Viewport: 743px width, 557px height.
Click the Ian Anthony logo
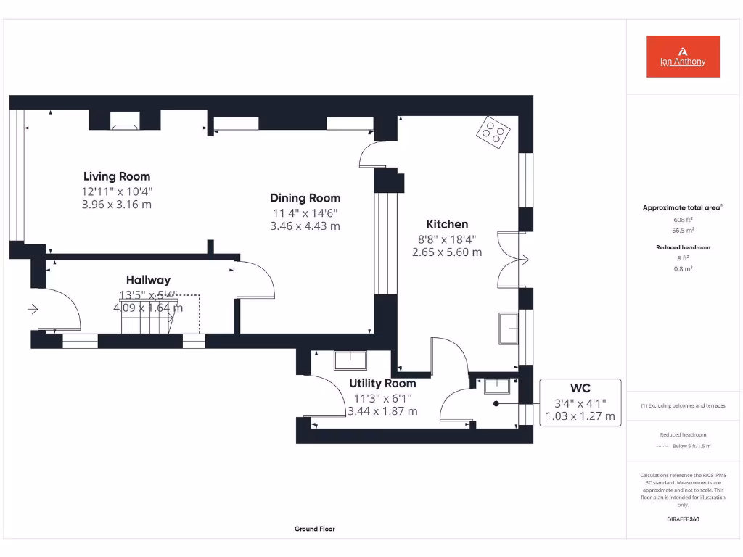click(x=683, y=57)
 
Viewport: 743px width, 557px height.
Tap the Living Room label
click(x=117, y=176)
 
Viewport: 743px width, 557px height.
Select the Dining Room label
click(x=305, y=198)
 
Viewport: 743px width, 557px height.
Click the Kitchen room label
click(x=447, y=224)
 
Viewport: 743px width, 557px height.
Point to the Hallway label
click(x=148, y=280)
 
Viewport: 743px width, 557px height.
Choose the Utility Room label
click(x=382, y=383)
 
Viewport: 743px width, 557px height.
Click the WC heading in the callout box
click(x=580, y=389)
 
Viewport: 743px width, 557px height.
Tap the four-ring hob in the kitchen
click(x=493, y=133)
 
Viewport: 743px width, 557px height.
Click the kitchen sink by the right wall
click(x=508, y=329)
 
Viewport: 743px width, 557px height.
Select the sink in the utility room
click(x=350, y=360)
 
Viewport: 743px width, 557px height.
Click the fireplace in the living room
click(x=125, y=125)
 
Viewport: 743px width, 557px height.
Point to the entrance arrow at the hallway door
click(x=33, y=309)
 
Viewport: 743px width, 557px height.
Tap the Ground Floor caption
click(x=315, y=529)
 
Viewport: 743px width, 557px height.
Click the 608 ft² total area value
click(x=683, y=219)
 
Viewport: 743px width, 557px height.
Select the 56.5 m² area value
click(x=683, y=230)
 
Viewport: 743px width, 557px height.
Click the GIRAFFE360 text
click(x=683, y=519)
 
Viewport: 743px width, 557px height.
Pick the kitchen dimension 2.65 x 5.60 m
click(x=447, y=252)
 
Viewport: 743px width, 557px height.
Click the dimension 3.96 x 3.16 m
click(x=117, y=205)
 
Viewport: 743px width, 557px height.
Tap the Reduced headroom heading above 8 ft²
click(x=683, y=247)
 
